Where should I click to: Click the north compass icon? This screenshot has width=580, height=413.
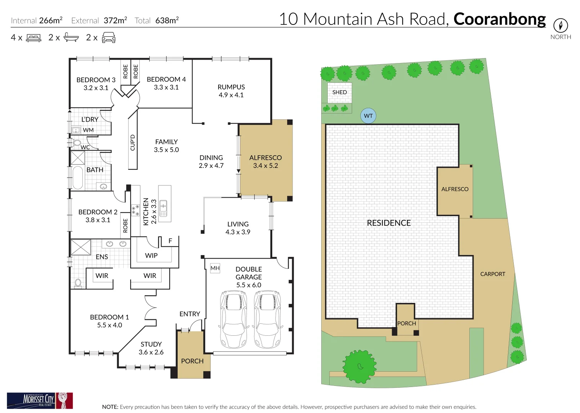(x=560, y=26)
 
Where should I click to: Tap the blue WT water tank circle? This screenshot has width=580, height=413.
(x=368, y=116)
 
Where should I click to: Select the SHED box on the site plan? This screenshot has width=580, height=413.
(x=340, y=93)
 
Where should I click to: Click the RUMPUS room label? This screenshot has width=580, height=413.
(x=231, y=87)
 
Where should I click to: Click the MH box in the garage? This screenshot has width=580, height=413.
(x=215, y=268)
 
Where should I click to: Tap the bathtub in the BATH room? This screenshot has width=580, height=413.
(x=78, y=177)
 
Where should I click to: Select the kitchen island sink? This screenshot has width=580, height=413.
(x=163, y=208)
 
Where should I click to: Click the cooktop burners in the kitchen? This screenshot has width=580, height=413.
(x=135, y=210)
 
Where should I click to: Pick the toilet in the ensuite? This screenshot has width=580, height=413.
(x=78, y=283)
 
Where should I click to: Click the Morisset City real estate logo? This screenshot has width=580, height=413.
(x=40, y=400)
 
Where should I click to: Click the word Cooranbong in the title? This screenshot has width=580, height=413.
(x=500, y=19)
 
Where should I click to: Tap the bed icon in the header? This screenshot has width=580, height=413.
(x=34, y=38)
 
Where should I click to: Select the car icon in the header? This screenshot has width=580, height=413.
(x=109, y=38)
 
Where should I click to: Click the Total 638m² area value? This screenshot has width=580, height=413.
(x=167, y=21)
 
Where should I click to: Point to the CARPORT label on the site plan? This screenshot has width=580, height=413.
(x=493, y=274)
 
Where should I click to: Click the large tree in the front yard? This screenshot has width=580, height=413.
(x=359, y=366)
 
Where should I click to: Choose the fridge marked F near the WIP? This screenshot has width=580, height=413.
(x=170, y=241)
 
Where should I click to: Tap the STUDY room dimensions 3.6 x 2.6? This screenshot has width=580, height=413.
(x=151, y=352)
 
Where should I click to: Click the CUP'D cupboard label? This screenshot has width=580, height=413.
(x=132, y=142)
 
